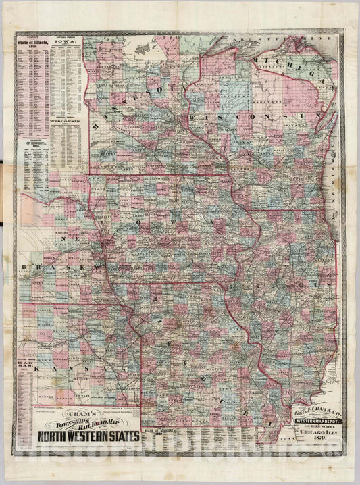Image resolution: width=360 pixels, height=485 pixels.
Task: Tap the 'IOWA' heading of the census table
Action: [69, 42]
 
